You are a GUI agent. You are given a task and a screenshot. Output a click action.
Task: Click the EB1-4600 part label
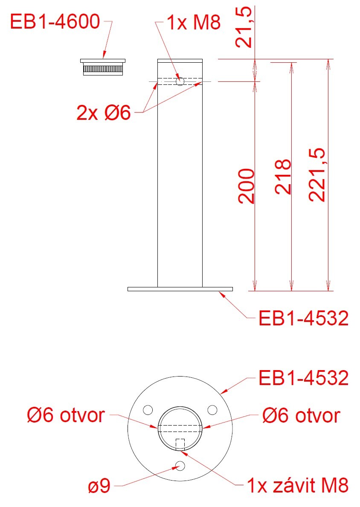[55, 22]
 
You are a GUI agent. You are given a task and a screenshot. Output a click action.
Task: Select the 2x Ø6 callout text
[104, 113]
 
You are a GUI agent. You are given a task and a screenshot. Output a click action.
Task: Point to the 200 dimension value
[247, 186]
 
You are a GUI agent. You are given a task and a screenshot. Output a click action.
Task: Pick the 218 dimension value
[283, 177]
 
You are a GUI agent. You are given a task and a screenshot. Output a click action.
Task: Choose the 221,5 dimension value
[316, 175]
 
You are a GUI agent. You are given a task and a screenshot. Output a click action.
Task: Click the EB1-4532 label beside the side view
[303, 318]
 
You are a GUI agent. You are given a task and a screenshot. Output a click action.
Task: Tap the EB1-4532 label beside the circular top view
[303, 378]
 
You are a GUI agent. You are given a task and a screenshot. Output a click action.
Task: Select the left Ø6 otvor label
[66, 415]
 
